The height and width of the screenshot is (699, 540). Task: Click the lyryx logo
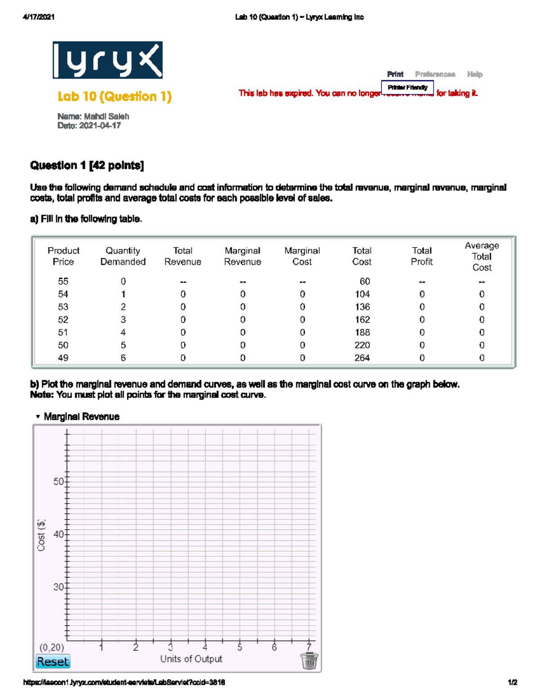tap(108, 60)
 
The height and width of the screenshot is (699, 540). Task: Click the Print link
tap(395, 74)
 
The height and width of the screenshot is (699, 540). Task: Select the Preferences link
tap(435, 74)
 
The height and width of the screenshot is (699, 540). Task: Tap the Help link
tap(475, 74)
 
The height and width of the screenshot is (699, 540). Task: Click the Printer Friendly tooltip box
tap(407, 87)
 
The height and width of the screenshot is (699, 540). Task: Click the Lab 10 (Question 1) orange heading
tap(114, 96)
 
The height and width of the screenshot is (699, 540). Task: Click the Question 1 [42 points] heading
tap(87, 166)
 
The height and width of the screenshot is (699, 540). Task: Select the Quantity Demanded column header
tap(123, 256)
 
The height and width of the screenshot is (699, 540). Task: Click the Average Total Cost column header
tap(481, 256)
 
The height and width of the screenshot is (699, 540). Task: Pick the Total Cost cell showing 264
tap(362, 358)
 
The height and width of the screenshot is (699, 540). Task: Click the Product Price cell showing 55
tap(63, 281)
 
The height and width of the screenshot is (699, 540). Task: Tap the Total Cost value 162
tap(362, 320)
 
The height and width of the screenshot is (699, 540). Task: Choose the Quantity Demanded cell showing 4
tap(123, 332)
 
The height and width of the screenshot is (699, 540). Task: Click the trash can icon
tap(309, 661)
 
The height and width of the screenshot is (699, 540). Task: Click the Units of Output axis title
tap(191, 659)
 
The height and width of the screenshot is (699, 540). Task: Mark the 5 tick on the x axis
tap(240, 641)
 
